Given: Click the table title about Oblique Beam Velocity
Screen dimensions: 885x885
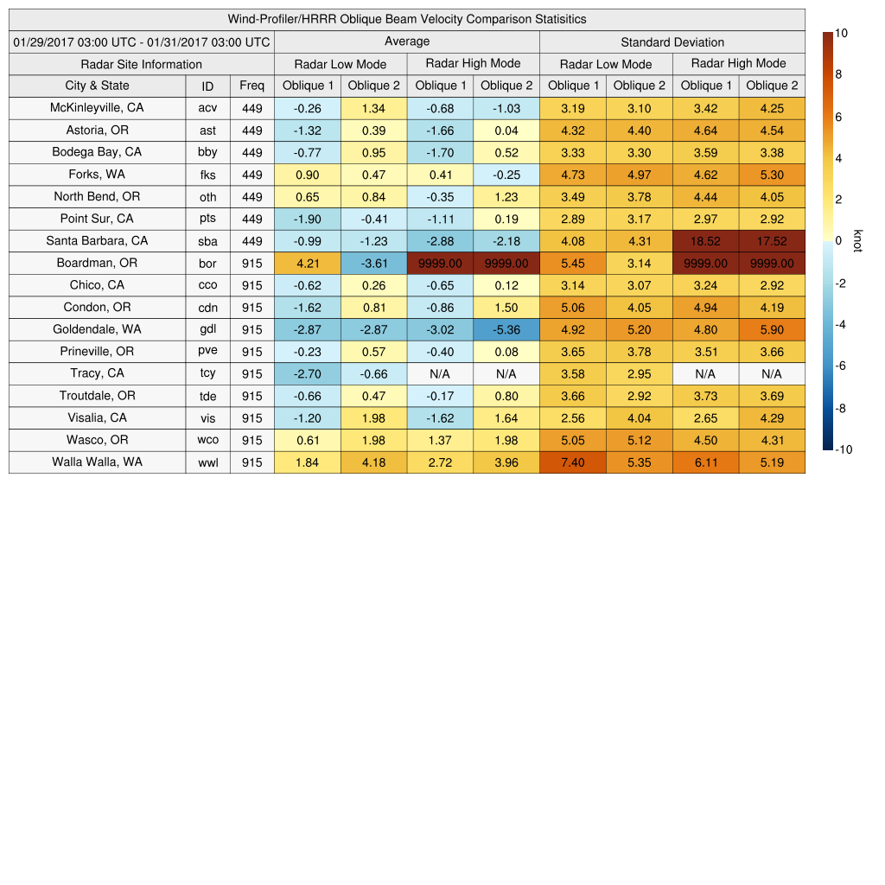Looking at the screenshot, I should [406, 19].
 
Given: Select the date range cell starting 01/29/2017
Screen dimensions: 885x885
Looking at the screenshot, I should [141, 41].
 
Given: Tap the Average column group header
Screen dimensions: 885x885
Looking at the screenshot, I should [406, 41].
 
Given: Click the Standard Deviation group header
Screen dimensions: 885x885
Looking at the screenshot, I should [672, 42].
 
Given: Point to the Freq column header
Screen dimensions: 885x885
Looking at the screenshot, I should [251, 86].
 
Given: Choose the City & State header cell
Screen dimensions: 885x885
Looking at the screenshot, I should [97, 86].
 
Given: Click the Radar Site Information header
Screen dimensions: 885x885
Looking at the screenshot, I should [141, 64].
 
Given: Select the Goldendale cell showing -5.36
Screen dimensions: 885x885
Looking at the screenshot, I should [506, 329].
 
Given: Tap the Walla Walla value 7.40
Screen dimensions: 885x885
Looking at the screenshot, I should [572, 462].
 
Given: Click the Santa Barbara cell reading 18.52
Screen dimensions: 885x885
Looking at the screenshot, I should [705, 241].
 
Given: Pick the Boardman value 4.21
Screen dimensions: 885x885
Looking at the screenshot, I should [308, 263].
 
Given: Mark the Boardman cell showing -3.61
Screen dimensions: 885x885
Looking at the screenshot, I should [373, 263].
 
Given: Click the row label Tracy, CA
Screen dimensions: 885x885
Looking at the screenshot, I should [97, 373].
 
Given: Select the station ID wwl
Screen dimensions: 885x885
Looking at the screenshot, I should [207, 462].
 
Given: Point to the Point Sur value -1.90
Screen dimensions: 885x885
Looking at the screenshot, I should [308, 219].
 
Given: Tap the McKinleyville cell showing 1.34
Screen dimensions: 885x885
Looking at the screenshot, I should [373, 108].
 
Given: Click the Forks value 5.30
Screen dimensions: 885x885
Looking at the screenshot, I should [772, 175].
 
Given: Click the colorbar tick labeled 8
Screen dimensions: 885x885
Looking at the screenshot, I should [838, 75].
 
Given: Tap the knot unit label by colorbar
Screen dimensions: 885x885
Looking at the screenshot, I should [857, 241].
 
